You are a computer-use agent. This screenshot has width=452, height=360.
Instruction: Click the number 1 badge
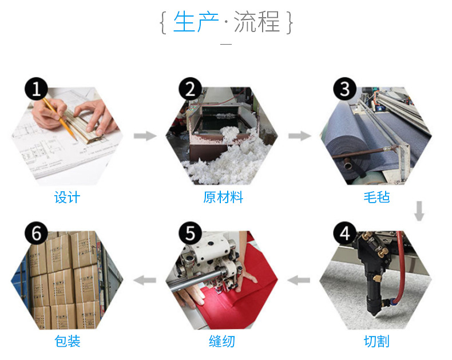(36, 89)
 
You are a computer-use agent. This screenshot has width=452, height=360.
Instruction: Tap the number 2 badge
(191, 89)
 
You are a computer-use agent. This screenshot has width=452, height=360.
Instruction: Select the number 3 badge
(345, 89)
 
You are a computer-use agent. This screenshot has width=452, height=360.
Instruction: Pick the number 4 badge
(345, 233)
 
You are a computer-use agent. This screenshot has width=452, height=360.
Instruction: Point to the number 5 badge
(191, 233)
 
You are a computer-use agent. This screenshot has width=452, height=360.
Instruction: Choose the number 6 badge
(36, 233)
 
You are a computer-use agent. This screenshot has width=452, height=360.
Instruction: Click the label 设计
(67, 197)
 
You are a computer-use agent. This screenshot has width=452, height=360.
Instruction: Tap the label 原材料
(223, 197)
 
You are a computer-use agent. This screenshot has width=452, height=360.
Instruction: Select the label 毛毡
(376, 197)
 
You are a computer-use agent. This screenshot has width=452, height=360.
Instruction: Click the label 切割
(376, 342)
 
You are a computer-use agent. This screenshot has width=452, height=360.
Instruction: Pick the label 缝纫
(222, 342)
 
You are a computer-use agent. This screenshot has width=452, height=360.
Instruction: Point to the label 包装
(67, 342)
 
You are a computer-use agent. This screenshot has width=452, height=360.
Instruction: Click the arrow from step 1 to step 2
(145, 136)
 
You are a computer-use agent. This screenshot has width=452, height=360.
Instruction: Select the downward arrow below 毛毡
(419, 211)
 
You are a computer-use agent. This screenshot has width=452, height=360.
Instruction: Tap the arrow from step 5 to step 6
(144, 280)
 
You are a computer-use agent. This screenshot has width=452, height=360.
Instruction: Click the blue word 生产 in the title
(196, 22)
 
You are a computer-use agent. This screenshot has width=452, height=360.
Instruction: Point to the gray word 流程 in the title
(257, 22)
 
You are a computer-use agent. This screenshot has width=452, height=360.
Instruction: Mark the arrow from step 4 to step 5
(299, 280)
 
